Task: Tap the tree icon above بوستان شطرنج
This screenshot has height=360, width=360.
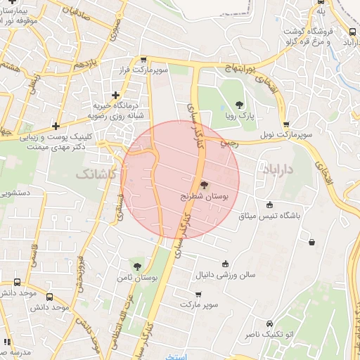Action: click(x=204, y=186)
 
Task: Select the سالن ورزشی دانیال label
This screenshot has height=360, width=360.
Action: click(x=225, y=274)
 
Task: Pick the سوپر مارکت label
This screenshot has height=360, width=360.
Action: click(x=200, y=305)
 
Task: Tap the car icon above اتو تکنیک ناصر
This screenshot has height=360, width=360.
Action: click(x=270, y=323)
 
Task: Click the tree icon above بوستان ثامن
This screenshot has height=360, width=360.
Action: click(x=138, y=266)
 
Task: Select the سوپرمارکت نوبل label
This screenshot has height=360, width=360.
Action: click(x=283, y=133)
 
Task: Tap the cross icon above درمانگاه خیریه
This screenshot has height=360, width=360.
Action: click(x=116, y=94)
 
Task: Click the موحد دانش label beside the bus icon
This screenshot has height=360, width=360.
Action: click(x=49, y=307)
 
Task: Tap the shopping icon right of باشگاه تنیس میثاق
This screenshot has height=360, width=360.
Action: click(x=311, y=243)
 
